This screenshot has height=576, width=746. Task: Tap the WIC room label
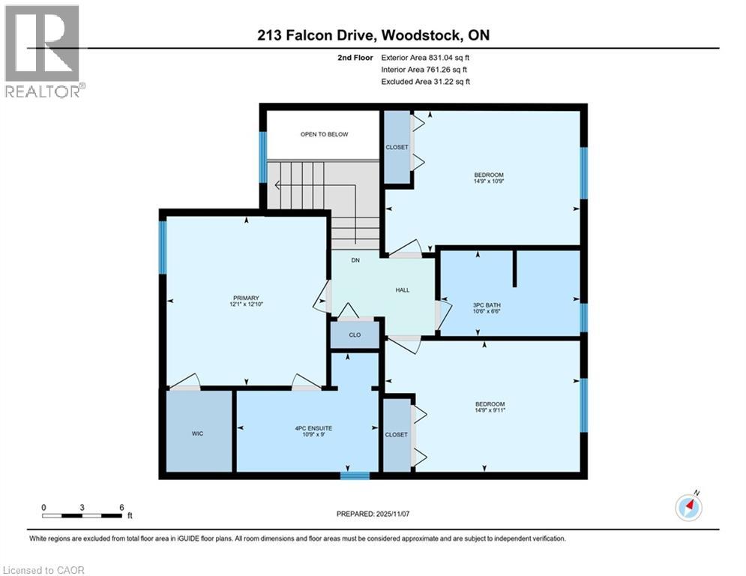(x=198, y=433)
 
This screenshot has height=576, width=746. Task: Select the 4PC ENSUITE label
(x=307, y=429)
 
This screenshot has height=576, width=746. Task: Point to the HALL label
(x=403, y=290)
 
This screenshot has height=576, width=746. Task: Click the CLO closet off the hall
(x=355, y=334)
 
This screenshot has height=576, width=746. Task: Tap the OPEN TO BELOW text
(x=324, y=134)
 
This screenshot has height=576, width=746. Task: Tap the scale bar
(x=82, y=515)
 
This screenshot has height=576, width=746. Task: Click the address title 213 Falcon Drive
(x=373, y=35)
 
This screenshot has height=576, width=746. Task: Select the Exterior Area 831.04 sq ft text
(x=425, y=57)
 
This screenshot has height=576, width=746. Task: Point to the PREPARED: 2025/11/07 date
(x=373, y=514)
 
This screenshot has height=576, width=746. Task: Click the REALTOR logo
(x=43, y=51)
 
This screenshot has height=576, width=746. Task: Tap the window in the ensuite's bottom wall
(x=355, y=475)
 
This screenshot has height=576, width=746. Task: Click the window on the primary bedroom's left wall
(x=161, y=248)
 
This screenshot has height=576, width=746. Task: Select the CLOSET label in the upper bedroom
(x=397, y=147)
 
